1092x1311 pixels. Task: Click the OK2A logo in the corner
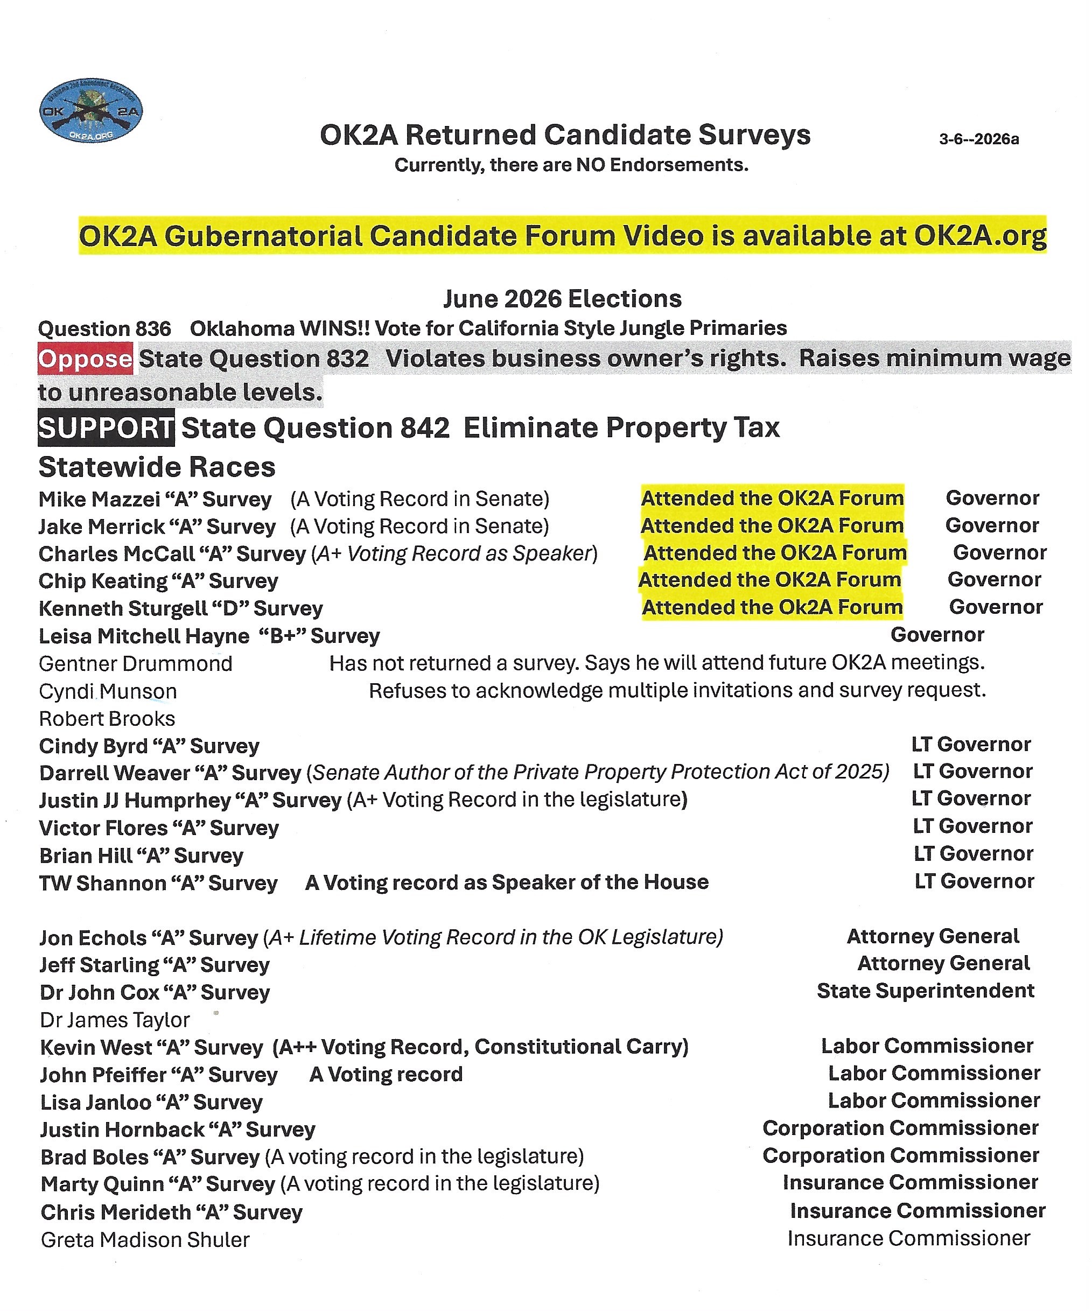click(90, 110)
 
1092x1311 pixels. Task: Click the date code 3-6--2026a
click(978, 139)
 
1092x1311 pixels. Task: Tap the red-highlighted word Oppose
click(85, 359)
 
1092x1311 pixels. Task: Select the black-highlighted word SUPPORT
click(106, 428)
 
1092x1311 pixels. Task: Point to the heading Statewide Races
click(157, 467)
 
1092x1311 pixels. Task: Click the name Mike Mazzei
click(99, 500)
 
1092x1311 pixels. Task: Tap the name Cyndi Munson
click(108, 691)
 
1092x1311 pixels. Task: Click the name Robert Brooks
click(107, 719)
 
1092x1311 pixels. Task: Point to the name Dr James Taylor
click(115, 1020)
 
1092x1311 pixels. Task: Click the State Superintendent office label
click(925, 991)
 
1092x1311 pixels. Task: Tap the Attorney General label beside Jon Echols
click(933, 936)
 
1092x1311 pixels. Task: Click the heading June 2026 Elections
click(562, 299)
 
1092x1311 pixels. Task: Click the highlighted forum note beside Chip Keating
click(769, 580)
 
